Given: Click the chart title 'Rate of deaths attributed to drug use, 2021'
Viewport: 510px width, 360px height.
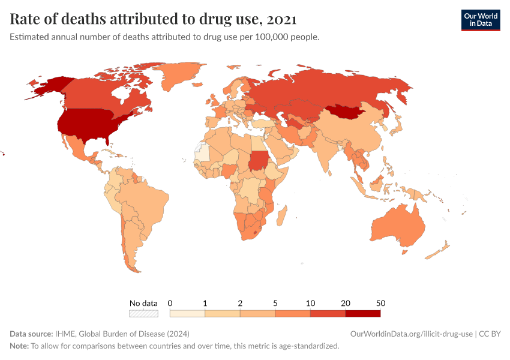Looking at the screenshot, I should [x=153, y=19].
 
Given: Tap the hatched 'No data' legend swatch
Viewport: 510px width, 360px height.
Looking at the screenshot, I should [x=143, y=313].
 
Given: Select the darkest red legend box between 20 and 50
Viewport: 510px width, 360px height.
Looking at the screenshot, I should [x=362, y=313].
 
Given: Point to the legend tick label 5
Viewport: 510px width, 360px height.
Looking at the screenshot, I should [x=275, y=303].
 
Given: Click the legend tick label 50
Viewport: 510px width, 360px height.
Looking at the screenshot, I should [x=380, y=303].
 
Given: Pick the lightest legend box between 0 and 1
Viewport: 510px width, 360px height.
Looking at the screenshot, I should [x=187, y=313].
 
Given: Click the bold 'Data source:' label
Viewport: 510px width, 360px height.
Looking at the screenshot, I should [x=31, y=334].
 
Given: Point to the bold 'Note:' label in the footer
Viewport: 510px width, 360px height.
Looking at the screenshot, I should [x=19, y=346].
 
